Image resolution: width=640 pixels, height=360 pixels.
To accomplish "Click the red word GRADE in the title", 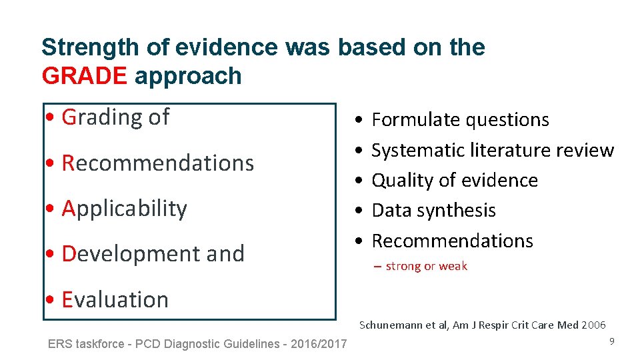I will click(84, 76).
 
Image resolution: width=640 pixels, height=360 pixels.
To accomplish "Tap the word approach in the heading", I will click(188, 77).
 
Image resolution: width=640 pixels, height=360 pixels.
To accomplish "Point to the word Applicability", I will click(125, 209).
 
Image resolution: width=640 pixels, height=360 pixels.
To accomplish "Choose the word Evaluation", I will click(115, 300).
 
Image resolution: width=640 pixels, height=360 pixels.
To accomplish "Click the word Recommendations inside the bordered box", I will click(158, 163).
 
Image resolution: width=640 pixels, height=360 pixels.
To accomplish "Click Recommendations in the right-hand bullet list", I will click(453, 241).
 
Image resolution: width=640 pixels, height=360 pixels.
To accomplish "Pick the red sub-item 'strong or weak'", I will click(426, 267).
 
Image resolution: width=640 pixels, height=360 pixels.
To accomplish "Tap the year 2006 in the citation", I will click(593, 325).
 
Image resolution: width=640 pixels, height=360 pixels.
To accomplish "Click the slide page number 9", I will click(611, 341).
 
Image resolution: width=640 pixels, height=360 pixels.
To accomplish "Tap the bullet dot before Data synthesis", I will click(359, 211).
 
